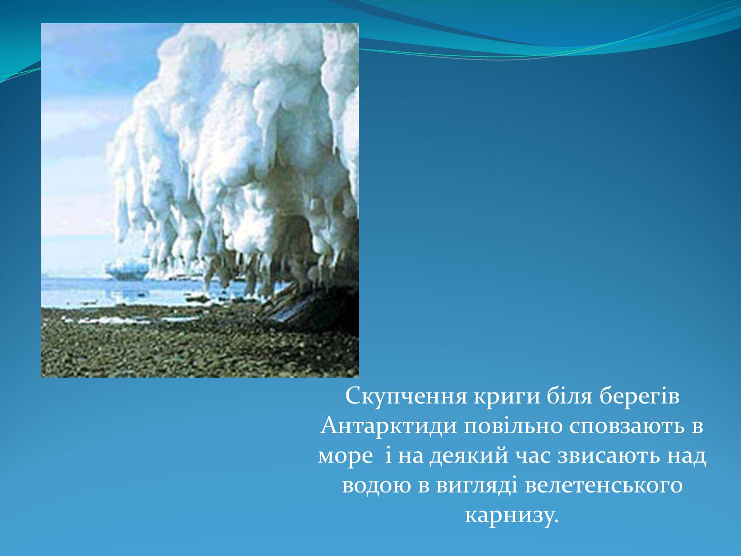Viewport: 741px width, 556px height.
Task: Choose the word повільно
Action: [x=513, y=426]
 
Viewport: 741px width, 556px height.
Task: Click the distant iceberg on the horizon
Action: [x=127, y=270]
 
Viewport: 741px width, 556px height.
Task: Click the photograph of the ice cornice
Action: [x=200, y=200]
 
